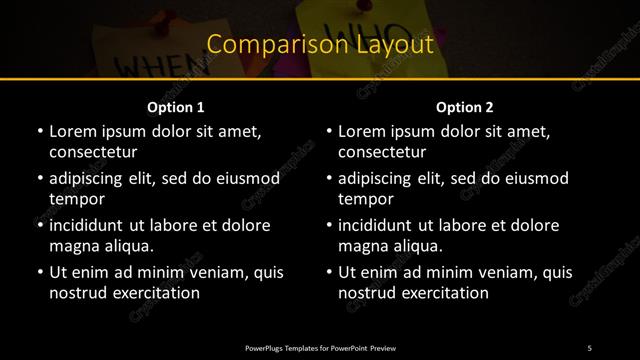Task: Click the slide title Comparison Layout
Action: point(320,45)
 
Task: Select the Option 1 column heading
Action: point(176,107)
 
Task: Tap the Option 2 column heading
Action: point(465,107)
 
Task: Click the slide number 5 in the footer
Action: point(590,347)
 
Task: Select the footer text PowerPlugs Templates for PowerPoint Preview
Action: point(320,347)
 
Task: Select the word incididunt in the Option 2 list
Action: point(382,225)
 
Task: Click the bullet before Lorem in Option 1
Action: point(39,132)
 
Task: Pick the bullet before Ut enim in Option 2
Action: point(329,272)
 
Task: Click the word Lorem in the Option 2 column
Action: point(362,131)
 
